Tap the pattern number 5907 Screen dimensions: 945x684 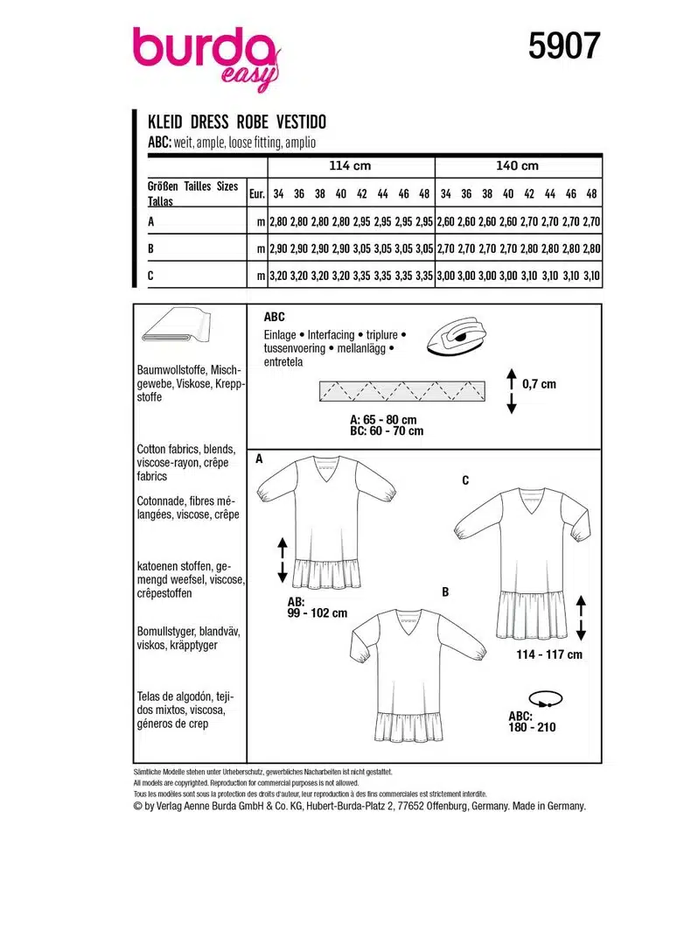point(564,45)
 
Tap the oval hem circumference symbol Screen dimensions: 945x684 point(548,699)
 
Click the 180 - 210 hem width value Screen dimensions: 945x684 point(532,726)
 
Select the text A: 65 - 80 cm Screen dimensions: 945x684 point(383,419)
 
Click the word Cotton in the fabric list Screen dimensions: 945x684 point(154,449)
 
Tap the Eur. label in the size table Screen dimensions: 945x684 point(256,193)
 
